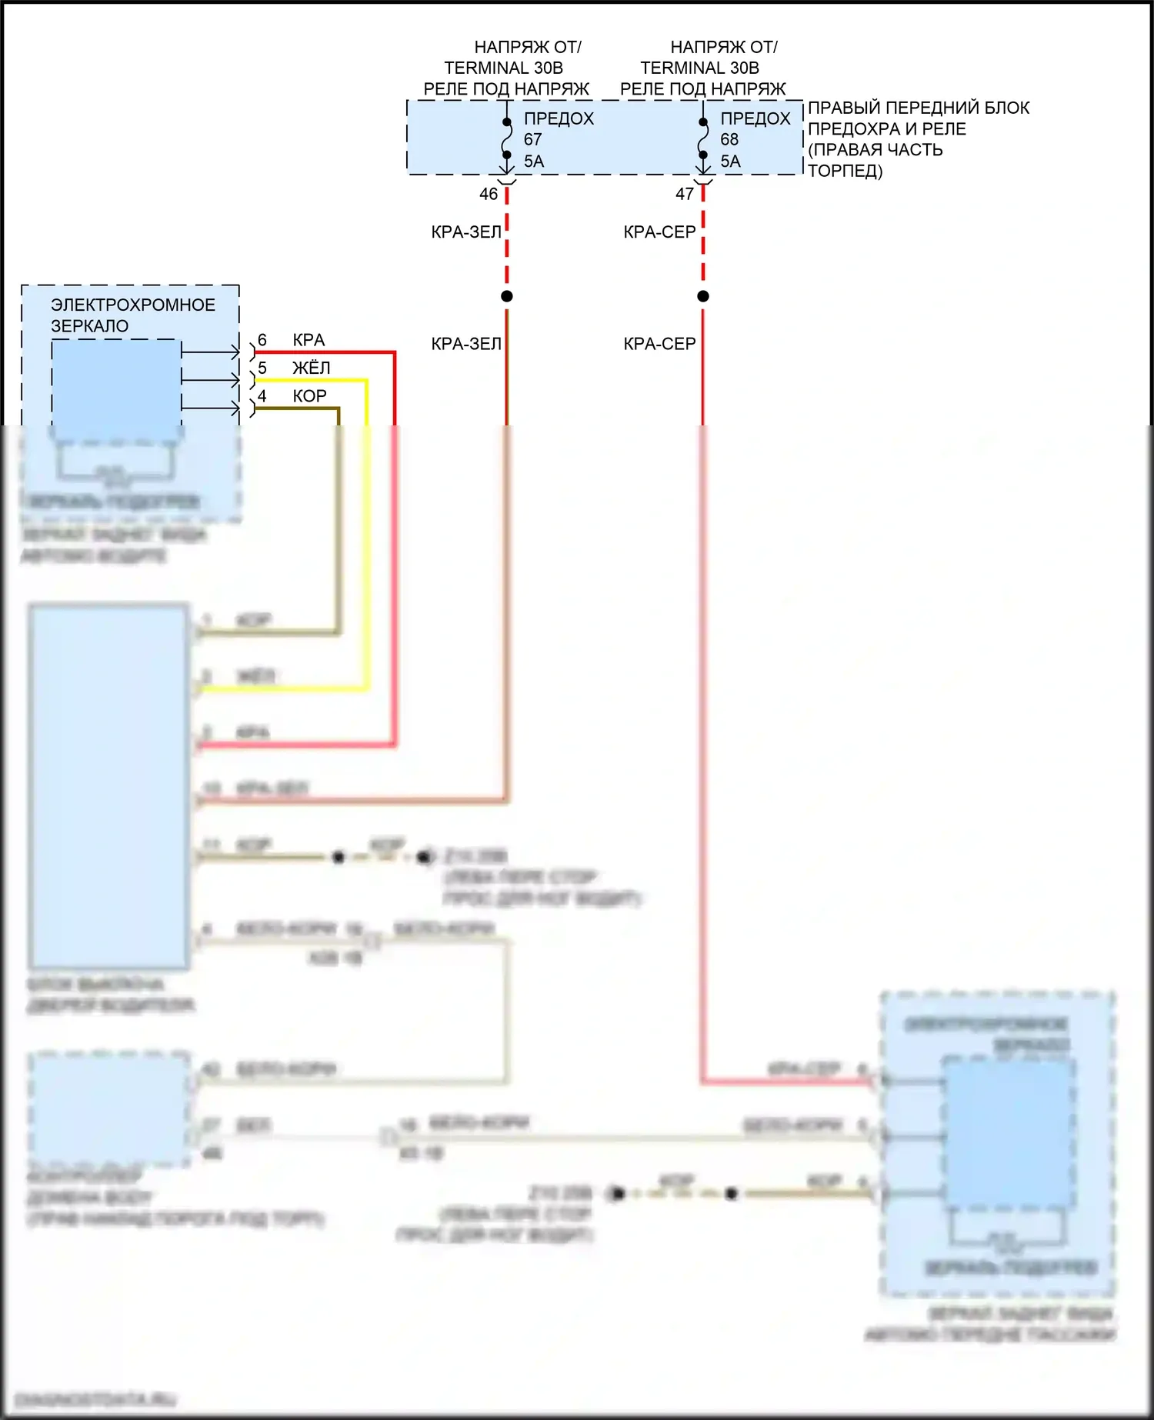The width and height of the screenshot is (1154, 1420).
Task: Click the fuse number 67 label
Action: click(533, 139)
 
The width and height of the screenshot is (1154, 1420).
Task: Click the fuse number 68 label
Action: click(729, 139)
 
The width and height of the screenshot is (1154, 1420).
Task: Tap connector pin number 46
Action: click(489, 194)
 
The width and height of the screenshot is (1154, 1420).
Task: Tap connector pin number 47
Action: click(685, 194)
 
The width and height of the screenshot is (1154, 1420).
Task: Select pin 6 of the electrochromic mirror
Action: click(262, 340)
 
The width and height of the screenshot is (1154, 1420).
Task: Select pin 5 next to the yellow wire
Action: click(262, 368)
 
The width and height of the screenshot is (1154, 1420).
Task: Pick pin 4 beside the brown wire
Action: click(262, 396)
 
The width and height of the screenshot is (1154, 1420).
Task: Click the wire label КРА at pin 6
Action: click(309, 340)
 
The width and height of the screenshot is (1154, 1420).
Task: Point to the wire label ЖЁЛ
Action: click(311, 368)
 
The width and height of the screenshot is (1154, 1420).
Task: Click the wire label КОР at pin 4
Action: click(309, 396)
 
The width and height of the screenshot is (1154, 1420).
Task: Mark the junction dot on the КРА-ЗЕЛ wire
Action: click(507, 296)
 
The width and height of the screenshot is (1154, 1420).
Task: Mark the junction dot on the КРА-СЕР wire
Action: click(703, 296)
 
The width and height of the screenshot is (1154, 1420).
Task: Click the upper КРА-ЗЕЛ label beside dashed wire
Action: click(466, 232)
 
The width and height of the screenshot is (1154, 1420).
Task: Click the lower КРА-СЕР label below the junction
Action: click(659, 344)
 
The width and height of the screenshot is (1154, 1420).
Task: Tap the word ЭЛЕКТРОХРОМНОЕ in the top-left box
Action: click(133, 305)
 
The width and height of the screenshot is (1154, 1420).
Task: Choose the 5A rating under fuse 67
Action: click(534, 162)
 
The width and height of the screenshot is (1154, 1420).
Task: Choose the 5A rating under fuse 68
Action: click(731, 162)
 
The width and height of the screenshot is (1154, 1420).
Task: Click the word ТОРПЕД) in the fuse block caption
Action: click(845, 171)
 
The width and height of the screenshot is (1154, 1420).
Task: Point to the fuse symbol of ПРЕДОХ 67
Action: click(507, 139)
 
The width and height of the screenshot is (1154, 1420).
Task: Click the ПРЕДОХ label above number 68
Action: click(755, 118)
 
